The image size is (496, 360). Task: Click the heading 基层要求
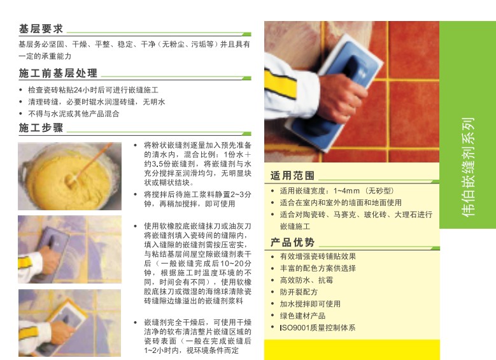[x=41, y=29]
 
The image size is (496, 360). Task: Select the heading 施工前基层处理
[x=58, y=73]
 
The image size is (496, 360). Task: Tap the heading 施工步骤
[x=41, y=127]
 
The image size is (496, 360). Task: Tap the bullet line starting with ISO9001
[x=317, y=328]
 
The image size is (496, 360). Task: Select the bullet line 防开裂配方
[x=299, y=292]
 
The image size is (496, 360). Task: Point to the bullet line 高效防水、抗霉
[x=306, y=280]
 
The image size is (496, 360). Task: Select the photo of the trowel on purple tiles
[x=69, y=248]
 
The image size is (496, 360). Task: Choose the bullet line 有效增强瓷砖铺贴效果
[x=322, y=256]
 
